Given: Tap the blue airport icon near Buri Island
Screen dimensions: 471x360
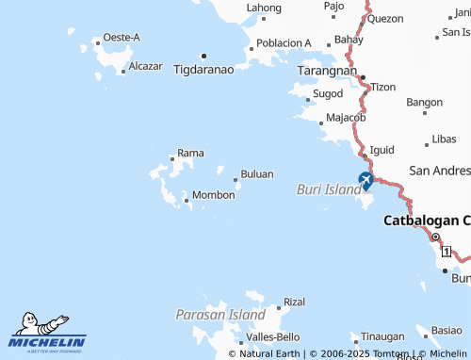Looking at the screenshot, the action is click(365, 180).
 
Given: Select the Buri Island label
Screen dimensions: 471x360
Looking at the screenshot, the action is click(329, 188).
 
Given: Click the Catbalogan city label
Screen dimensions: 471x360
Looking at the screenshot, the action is click(427, 221).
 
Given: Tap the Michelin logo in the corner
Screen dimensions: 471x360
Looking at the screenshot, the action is click(48, 335).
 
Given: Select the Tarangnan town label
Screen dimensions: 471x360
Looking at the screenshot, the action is click(328, 71).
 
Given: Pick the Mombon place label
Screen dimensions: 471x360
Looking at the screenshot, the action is click(213, 195).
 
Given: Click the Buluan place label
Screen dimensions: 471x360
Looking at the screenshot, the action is click(257, 174).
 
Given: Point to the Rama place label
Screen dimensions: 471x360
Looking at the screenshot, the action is click(190, 152).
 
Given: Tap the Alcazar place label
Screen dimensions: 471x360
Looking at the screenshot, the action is click(145, 67).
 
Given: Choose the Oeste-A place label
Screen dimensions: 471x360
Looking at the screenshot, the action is click(122, 37).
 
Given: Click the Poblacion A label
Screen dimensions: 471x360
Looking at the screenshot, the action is click(284, 43).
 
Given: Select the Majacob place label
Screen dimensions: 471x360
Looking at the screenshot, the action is click(345, 118).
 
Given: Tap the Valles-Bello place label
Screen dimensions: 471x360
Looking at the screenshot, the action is click(272, 336).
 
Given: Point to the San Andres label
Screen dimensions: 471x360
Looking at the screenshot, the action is click(440, 171).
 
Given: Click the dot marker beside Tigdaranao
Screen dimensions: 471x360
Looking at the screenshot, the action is click(203, 55).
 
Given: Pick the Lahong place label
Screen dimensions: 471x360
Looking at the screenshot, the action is click(264, 8).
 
